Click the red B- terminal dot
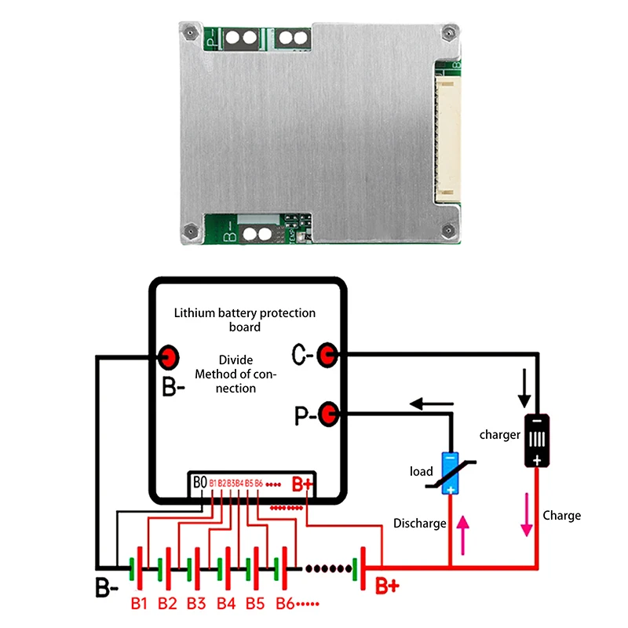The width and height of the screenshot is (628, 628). point(168,357)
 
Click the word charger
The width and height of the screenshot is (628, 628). point(499,434)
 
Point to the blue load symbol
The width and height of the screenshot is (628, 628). point(450,473)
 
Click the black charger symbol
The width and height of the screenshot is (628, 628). point(536,440)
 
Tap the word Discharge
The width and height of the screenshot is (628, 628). point(420,524)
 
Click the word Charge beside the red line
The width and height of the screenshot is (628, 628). point(561,516)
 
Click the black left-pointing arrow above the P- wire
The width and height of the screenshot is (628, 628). point(431,405)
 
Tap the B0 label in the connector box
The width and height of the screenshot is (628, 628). point(199,481)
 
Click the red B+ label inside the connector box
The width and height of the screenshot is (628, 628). point(301,484)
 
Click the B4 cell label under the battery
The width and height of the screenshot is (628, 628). point(226,604)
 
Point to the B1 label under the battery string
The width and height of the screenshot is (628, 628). point(139,604)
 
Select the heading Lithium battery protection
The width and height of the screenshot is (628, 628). point(244,313)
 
